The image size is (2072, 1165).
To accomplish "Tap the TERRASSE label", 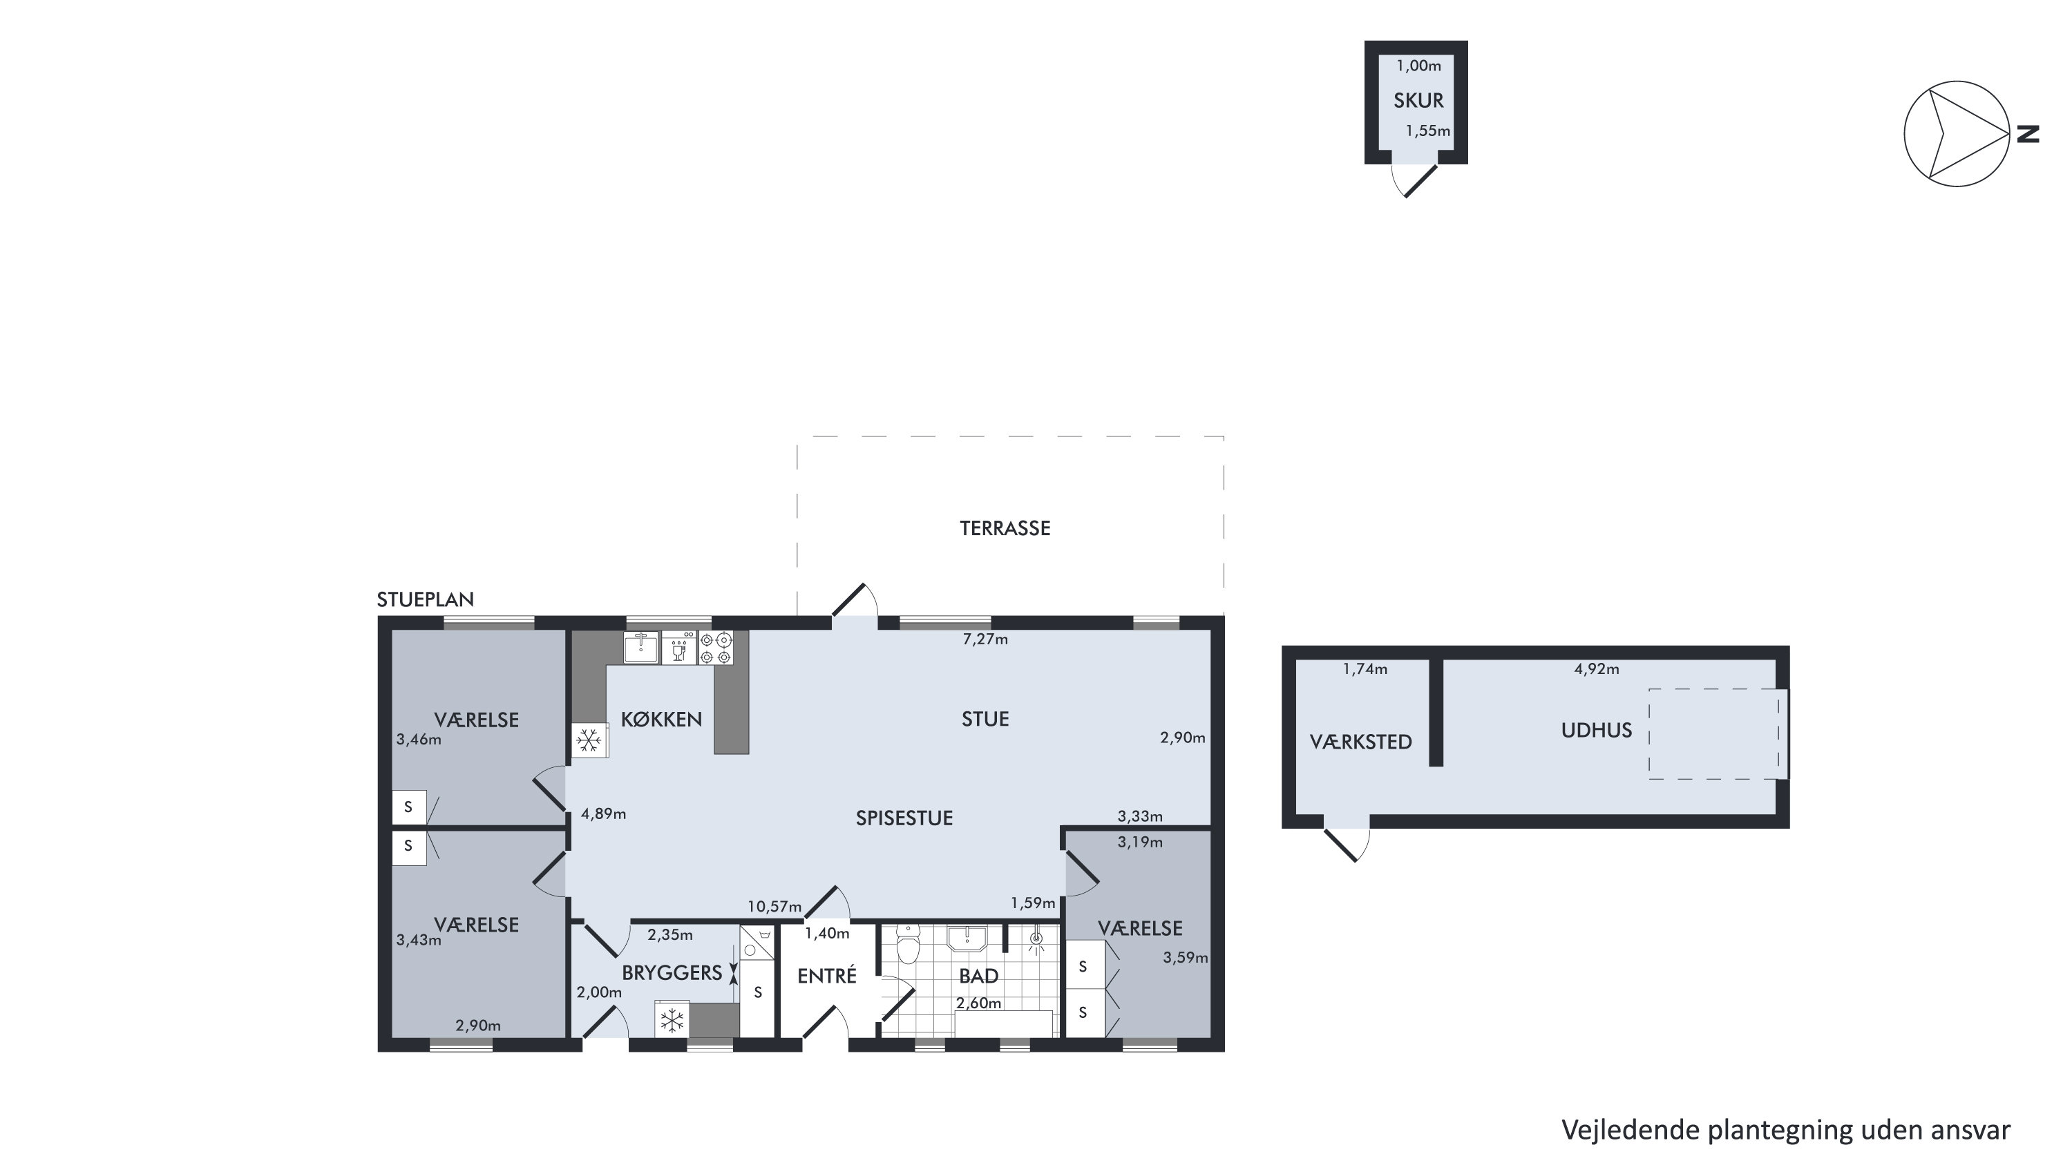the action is point(1005,528).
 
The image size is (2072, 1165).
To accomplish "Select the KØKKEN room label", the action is point(661,719).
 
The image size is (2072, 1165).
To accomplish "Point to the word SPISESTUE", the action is point(904,818).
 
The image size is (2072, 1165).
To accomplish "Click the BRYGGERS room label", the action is point(672,973).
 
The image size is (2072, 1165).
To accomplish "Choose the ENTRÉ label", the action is point(827,975).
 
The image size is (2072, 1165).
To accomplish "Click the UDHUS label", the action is point(1597,730).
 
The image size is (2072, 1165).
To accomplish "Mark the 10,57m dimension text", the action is point(774,907).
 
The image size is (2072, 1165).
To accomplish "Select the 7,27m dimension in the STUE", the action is point(985,639).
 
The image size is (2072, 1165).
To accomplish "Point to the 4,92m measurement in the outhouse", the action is point(1597,669).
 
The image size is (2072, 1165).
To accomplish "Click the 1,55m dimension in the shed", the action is point(1427,131).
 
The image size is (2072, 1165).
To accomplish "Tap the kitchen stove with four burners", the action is point(716,648).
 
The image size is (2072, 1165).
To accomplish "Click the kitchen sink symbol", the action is point(641,647).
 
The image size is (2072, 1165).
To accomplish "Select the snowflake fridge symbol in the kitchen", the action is point(589,740).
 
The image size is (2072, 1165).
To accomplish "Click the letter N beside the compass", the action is point(2028,134).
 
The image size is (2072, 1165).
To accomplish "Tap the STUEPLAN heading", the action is point(426,599).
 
